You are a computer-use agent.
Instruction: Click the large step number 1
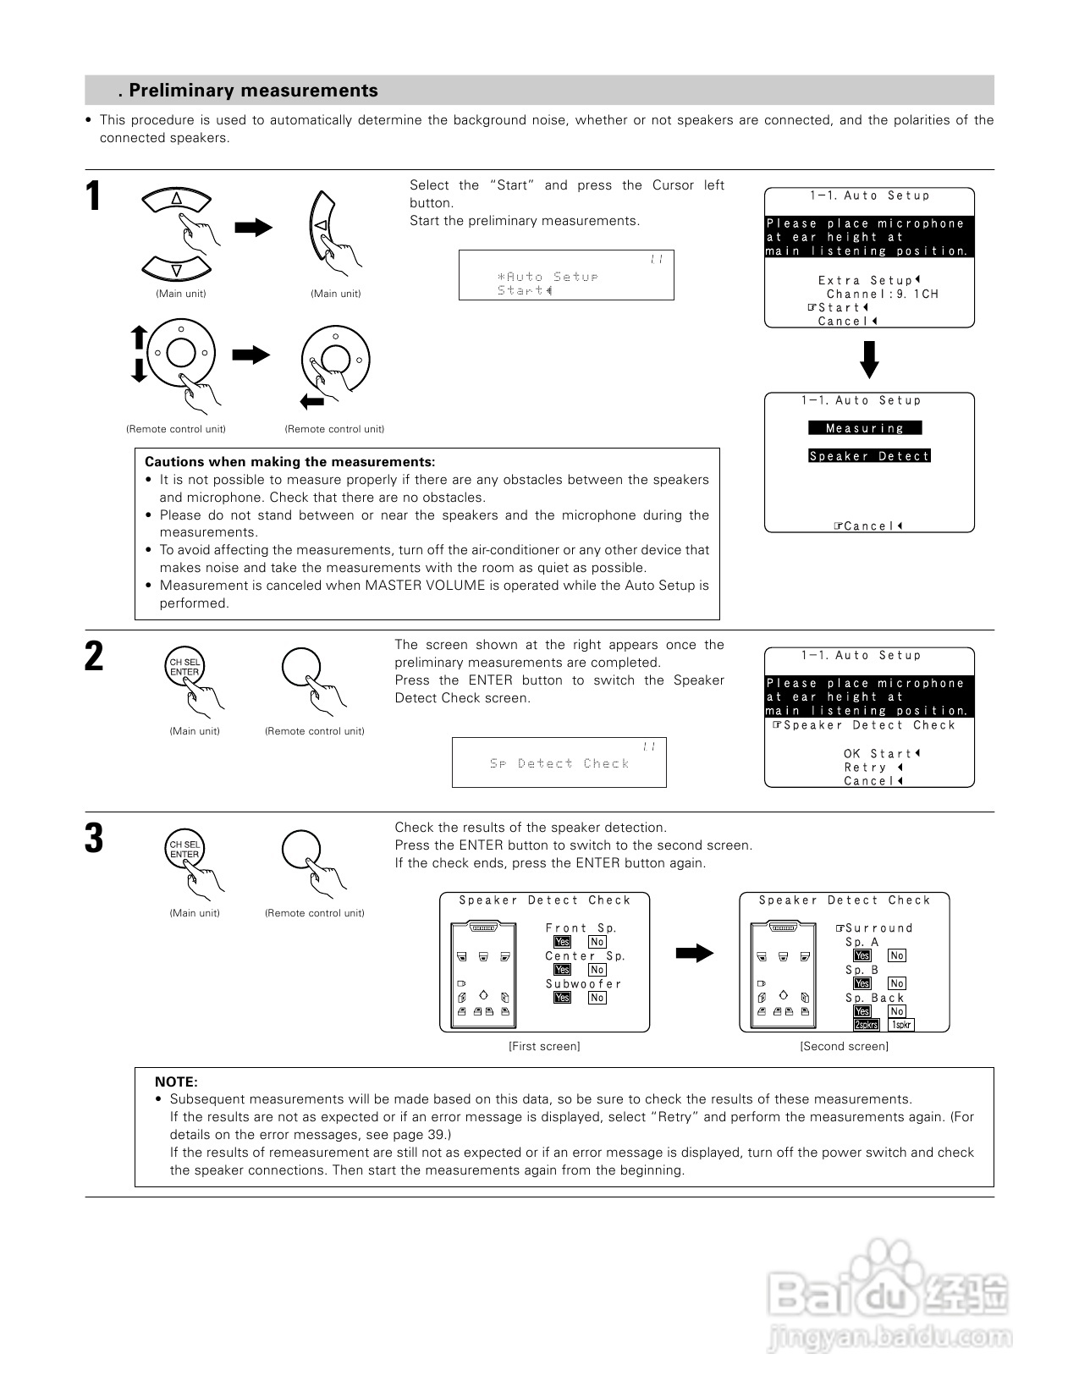click(94, 197)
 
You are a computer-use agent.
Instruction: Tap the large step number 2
click(94, 657)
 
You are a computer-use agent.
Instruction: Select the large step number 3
click(94, 839)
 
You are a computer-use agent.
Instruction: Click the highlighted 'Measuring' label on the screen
click(865, 428)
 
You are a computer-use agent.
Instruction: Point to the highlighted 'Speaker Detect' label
click(869, 456)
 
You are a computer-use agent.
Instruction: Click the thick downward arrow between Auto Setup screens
click(869, 360)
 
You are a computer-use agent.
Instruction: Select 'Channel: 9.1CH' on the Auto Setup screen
click(882, 294)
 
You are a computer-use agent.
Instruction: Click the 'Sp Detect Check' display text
click(559, 763)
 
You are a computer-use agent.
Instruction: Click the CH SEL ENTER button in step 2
click(184, 668)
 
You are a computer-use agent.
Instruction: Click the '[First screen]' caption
click(544, 1047)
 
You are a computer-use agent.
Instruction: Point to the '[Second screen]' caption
click(844, 1047)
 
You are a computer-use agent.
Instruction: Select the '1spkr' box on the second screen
click(900, 1025)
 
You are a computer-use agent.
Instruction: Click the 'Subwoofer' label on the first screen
click(583, 983)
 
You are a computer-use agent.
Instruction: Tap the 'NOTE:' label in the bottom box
click(176, 1082)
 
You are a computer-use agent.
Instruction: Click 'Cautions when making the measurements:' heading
click(290, 462)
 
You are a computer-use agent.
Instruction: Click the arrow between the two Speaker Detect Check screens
click(695, 954)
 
